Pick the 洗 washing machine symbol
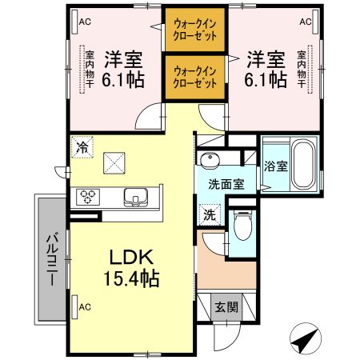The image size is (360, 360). (208, 214)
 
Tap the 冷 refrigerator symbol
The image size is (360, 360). (81, 146)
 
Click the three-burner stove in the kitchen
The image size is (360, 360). (86, 197)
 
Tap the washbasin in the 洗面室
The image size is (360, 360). (211, 158)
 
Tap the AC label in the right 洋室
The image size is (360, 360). (305, 22)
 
